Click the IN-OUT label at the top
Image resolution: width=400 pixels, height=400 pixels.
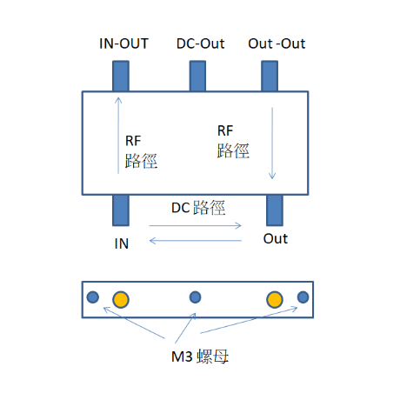click(123, 43)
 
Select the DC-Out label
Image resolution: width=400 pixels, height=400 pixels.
click(201, 43)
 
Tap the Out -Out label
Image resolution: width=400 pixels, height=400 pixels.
click(277, 43)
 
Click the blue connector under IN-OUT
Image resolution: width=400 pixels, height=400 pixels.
click(121, 76)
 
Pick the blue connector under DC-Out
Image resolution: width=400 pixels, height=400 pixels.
click(197, 76)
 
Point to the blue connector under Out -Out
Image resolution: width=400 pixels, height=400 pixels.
click(270, 76)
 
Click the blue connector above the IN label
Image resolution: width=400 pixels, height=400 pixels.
click(121, 210)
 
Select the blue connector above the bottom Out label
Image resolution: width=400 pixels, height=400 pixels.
click(275, 210)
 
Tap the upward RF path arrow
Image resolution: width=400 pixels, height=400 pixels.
click(118, 136)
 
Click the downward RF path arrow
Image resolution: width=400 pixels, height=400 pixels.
click(272, 143)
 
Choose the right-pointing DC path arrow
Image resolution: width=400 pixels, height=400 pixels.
click(195, 225)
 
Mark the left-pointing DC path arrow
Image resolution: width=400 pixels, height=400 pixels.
click(196, 241)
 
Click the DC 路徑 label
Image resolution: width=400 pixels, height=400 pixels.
click(198, 208)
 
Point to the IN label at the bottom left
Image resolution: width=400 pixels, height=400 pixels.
click(122, 243)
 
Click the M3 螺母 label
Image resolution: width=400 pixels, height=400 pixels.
click(200, 357)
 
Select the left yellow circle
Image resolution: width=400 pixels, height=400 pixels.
click(121, 299)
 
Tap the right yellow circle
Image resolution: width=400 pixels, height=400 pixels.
click(275, 299)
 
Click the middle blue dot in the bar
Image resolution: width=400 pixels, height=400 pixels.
click(195, 297)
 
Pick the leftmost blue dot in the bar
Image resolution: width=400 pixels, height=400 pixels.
click(93, 297)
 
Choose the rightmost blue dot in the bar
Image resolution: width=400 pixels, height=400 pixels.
click(303, 297)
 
